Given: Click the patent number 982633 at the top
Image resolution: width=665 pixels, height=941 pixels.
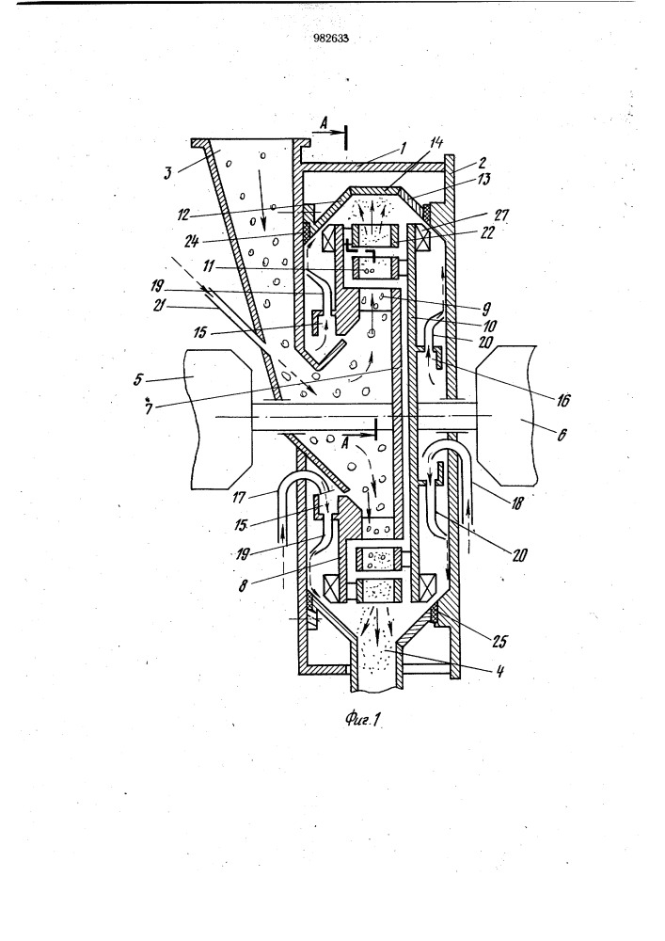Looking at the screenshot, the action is point(331,39).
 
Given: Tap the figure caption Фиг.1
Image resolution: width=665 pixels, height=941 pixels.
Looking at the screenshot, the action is point(363,718).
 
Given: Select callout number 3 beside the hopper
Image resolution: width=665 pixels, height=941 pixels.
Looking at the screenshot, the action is point(169,173).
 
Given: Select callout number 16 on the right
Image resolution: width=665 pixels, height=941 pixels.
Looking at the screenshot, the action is point(563,400).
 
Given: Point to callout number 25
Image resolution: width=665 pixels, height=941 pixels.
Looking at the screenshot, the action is point(499,641).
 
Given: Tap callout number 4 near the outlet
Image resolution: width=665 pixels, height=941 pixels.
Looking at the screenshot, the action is point(499,671).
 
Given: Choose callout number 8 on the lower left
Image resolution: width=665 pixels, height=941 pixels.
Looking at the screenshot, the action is point(243,585).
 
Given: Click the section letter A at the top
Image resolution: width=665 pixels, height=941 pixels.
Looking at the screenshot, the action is point(324,124).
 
